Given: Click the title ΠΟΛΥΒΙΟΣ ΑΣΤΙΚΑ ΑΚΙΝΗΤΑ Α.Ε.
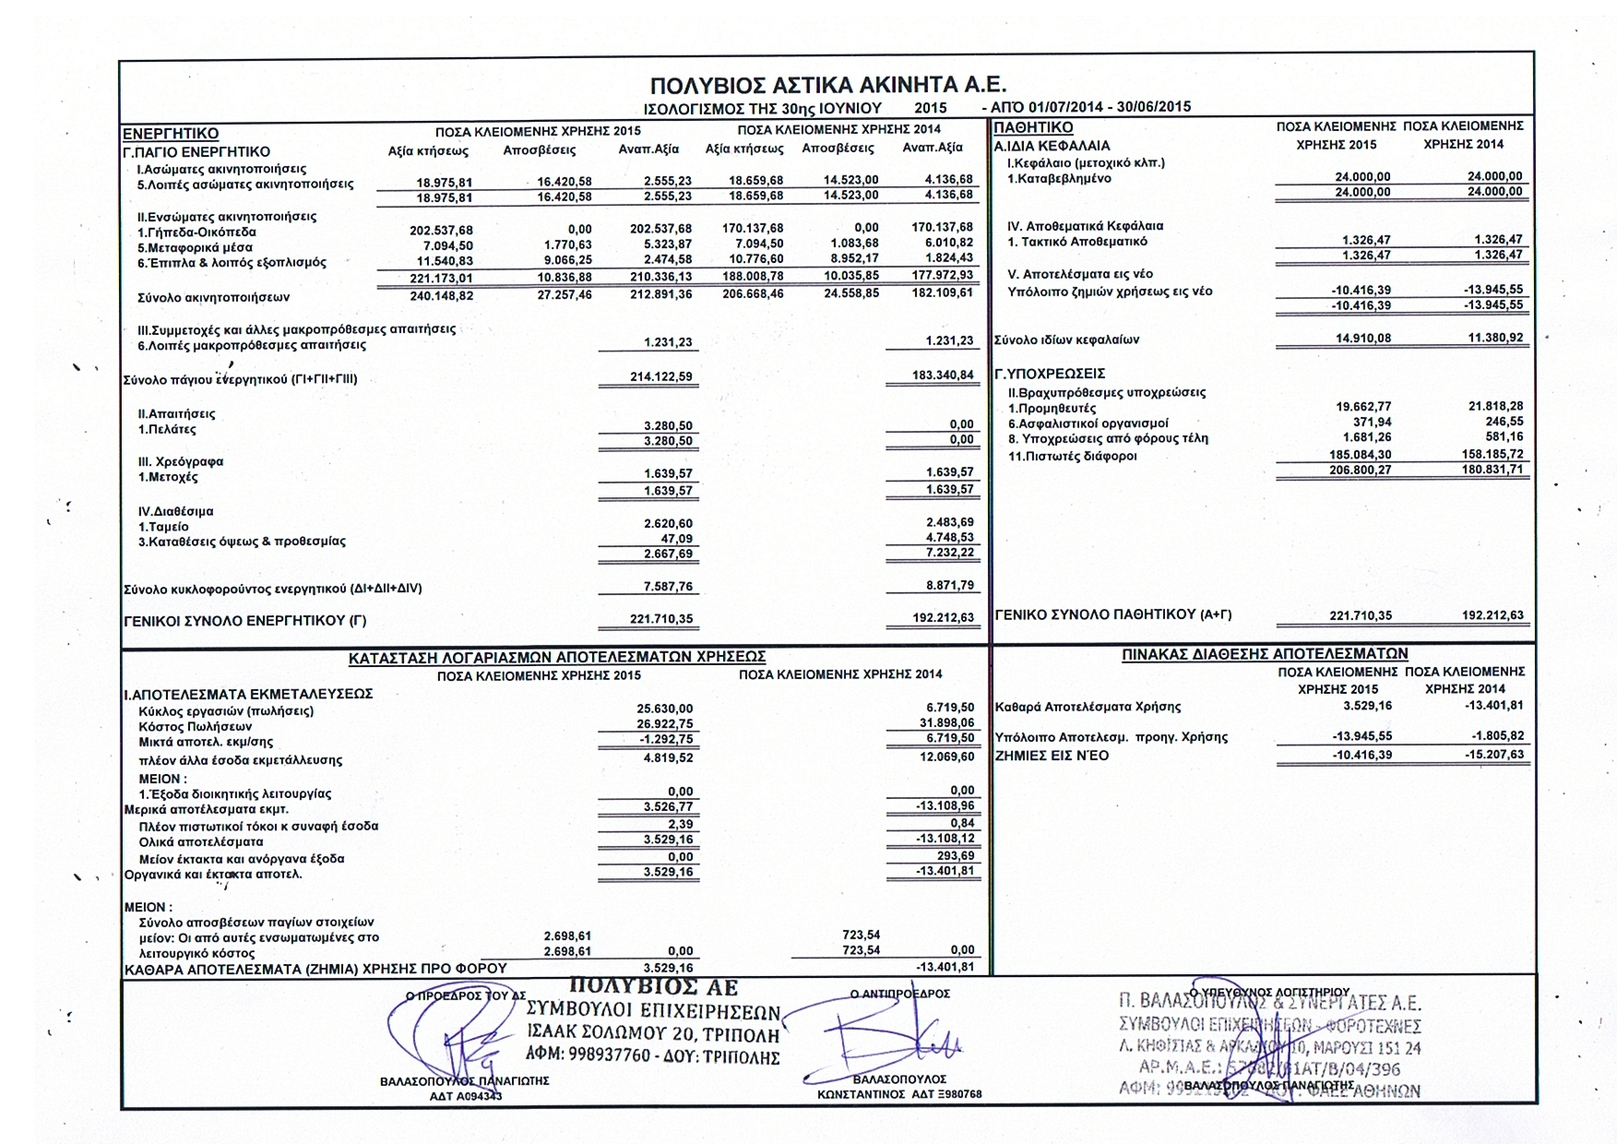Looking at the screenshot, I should pyautogui.click(x=827, y=86).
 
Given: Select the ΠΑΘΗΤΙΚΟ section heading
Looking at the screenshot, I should pyautogui.click(x=1033, y=128).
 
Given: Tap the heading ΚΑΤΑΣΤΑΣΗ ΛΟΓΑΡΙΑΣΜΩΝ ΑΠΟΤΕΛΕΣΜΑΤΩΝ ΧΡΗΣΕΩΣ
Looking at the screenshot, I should pyautogui.click(x=557, y=657).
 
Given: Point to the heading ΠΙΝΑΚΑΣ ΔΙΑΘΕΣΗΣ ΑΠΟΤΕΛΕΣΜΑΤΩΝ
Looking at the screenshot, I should pyautogui.click(x=1265, y=653).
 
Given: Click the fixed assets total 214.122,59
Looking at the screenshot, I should pyautogui.click(x=660, y=377).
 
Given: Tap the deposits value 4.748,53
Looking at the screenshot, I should pyautogui.click(x=949, y=537).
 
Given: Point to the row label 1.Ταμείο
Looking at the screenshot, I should pyautogui.click(x=163, y=526).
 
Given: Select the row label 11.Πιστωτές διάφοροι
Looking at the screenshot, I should pyautogui.click(x=1072, y=456).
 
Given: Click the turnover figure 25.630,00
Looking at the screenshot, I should pyautogui.click(x=666, y=709).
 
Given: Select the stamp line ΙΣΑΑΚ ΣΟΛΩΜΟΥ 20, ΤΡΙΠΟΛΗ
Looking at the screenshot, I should pyautogui.click(x=654, y=1035).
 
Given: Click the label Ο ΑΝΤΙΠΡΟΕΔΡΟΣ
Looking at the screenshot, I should pyautogui.click(x=899, y=994).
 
